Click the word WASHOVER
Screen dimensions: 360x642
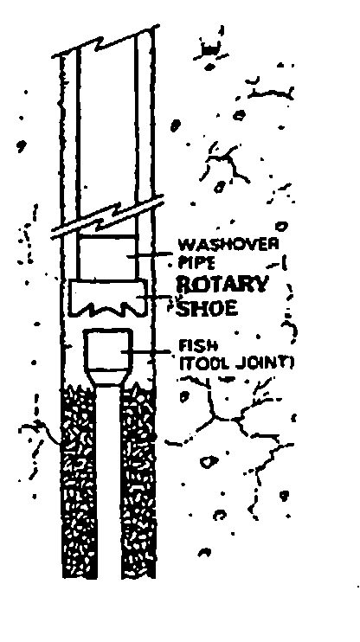point(229,245)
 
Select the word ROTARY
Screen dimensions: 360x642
point(222,284)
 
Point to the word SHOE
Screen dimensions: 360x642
point(207,307)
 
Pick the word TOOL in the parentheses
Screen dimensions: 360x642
point(202,364)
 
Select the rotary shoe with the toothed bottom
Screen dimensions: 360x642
point(107,298)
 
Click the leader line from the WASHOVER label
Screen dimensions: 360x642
point(150,255)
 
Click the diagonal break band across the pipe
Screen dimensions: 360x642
point(107,217)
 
